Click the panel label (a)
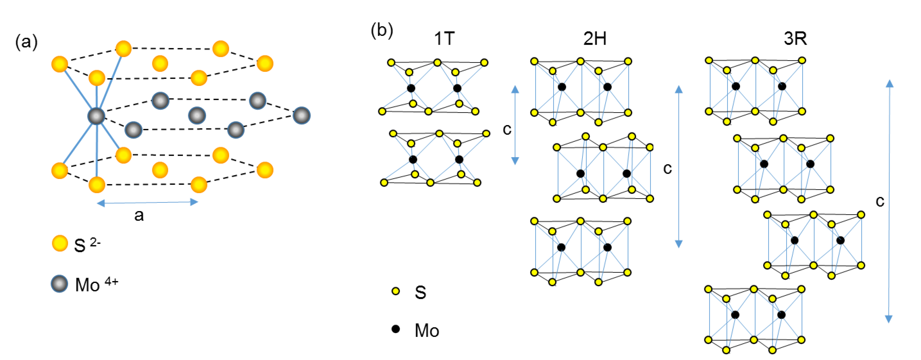(26, 42)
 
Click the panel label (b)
(382, 30)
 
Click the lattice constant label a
(139, 215)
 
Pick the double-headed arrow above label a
(147, 203)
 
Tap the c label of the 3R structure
(880, 201)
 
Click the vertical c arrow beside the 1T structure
(515, 125)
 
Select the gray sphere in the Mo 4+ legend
(59, 284)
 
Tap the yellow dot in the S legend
(395, 291)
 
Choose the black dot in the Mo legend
(395, 329)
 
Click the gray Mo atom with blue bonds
(96, 116)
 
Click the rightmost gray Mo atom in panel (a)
(301, 115)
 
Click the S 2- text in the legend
(87, 245)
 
